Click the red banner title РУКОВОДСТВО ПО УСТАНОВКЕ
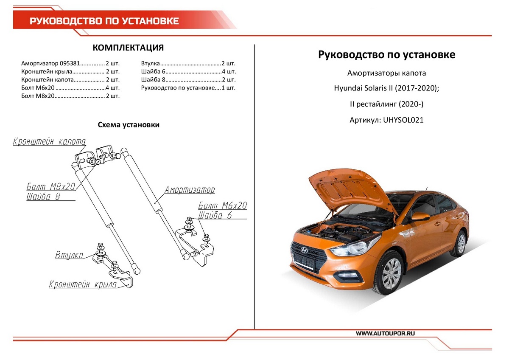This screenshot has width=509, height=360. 104,21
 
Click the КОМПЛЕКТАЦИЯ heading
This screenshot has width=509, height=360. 128,48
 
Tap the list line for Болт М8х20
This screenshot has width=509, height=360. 70,96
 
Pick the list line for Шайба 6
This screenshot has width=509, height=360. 188,72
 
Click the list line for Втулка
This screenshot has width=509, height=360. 188,64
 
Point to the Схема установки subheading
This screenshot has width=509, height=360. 129,125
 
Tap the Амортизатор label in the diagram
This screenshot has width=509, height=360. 190,190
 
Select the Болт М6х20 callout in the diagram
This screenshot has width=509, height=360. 223,206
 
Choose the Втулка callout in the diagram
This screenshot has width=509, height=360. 69,255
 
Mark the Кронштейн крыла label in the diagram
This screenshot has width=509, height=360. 83,285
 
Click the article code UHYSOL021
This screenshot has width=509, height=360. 403,120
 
